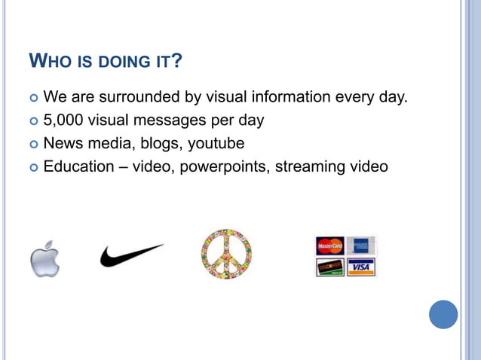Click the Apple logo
44,259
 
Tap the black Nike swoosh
131,255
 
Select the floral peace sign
225,255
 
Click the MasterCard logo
329,246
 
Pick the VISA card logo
360,267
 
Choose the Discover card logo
329,267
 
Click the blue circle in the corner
443,314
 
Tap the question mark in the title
176,60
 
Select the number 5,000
64,121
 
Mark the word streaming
309,166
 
